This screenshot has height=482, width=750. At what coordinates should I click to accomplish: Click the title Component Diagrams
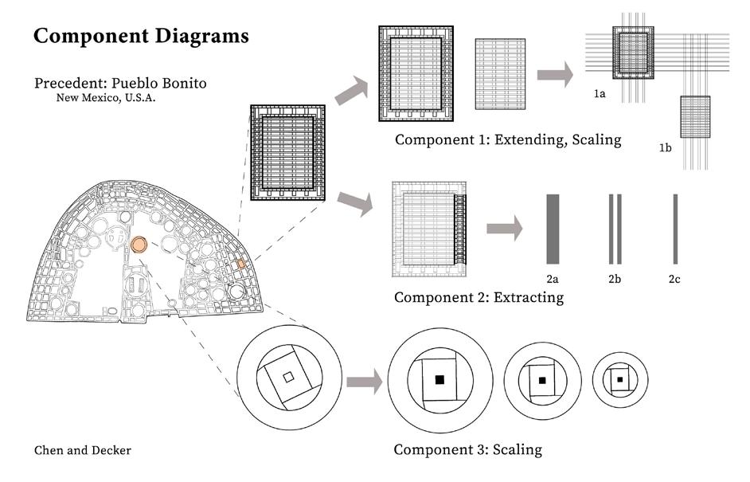click(141, 37)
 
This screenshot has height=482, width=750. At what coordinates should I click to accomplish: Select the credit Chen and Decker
click(83, 450)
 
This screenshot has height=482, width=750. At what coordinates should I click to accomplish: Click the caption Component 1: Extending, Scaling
click(508, 140)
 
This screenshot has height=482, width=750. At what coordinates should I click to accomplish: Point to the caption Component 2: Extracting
click(479, 297)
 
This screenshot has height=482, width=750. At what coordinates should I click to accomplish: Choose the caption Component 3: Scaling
click(468, 449)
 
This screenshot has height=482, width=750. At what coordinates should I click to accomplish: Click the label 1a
click(600, 94)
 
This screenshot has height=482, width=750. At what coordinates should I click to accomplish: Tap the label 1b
click(666, 148)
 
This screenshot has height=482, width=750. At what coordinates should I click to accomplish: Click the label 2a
click(553, 280)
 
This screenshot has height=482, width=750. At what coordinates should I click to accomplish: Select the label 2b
click(615, 280)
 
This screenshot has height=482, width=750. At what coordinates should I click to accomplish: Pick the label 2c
click(675, 280)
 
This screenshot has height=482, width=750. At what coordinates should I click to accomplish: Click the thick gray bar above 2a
click(553, 229)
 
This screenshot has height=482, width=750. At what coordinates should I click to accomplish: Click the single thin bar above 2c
click(675, 229)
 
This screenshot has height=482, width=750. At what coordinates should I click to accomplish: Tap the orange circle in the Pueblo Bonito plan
click(139, 245)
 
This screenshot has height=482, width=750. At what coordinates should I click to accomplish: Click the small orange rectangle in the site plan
click(241, 263)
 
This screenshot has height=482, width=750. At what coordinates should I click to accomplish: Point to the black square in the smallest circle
click(619, 379)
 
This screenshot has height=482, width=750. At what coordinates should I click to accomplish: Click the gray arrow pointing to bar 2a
click(504, 229)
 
